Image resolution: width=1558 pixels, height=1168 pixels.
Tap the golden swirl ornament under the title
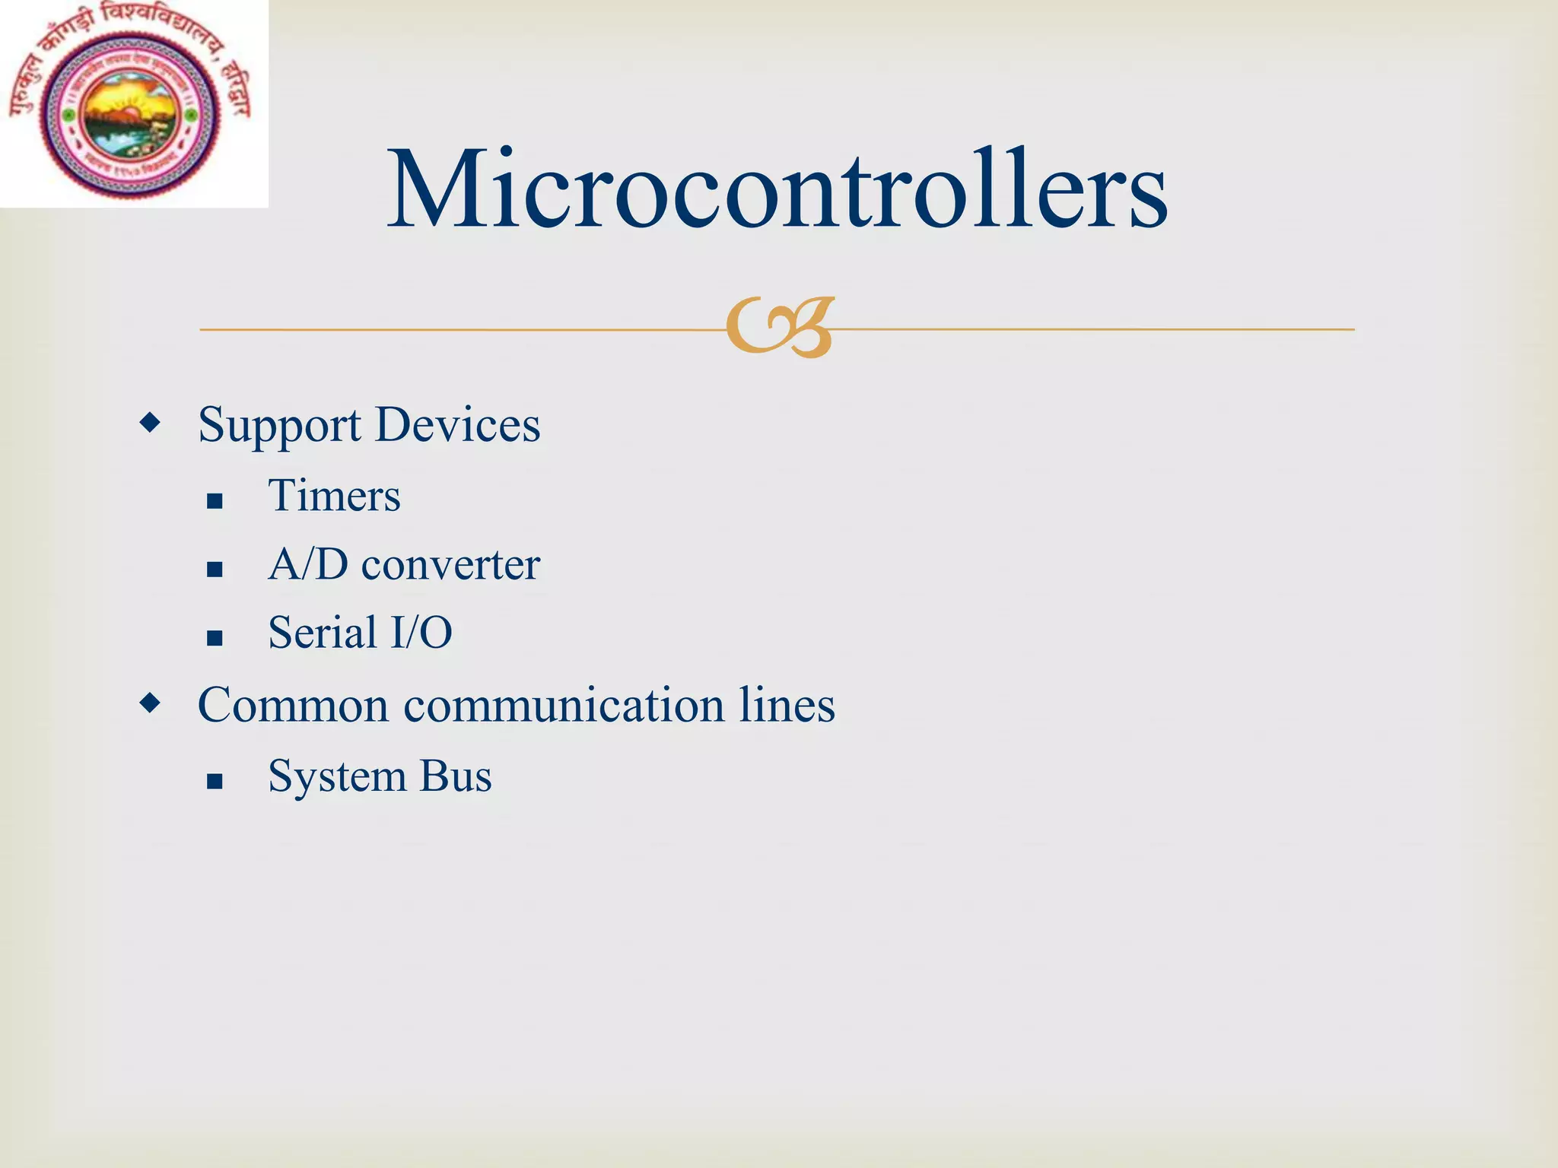pyautogui.click(x=780, y=327)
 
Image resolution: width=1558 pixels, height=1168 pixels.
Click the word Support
pyautogui.click(x=279, y=426)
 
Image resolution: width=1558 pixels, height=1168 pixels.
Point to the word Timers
pyautogui.click(x=334, y=496)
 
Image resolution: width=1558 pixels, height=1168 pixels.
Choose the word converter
pyautogui.click(x=450, y=565)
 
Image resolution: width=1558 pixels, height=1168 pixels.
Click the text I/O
pyautogui.click(x=421, y=633)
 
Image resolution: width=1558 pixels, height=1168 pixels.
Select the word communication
pyautogui.click(x=564, y=705)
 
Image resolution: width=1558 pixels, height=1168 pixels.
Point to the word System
pyautogui.click(x=337, y=776)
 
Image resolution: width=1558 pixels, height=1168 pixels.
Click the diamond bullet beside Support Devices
pyautogui.click(x=151, y=423)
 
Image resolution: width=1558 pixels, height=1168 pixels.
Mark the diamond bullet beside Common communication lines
pyautogui.click(x=151, y=703)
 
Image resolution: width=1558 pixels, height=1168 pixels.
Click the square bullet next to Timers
pyautogui.click(x=215, y=501)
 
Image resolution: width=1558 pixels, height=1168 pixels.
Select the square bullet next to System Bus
pyautogui.click(x=215, y=781)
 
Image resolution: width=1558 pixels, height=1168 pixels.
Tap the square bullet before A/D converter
pyautogui.click(x=215, y=570)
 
